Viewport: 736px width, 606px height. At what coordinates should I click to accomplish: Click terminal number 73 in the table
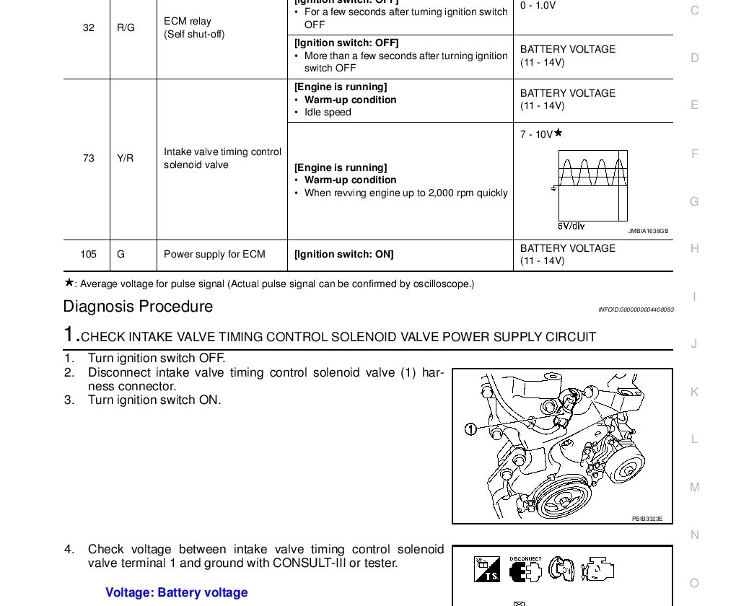click(89, 158)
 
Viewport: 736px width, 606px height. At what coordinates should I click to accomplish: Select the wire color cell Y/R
click(126, 158)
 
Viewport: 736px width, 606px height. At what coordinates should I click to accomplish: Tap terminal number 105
click(89, 254)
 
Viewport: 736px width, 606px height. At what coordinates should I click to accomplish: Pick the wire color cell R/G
click(126, 27)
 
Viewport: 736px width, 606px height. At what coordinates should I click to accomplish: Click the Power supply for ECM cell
click(214, 254)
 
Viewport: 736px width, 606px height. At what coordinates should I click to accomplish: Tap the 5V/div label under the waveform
click(571, 226)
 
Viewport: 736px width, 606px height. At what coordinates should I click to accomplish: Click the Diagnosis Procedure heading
click(138, 307)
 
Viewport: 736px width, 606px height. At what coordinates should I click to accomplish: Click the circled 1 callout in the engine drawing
click(470, 429)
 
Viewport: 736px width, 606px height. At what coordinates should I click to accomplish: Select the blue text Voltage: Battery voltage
click(177, 592)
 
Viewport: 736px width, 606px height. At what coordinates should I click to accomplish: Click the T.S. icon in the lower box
click(487, 570)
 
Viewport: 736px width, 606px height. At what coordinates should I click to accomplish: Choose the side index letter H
click(695, 248)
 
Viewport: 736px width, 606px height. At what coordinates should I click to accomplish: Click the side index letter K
click(695, 392)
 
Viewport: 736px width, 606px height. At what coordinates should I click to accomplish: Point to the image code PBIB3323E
click(647, 518)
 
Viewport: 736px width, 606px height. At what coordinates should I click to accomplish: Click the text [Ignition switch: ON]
click(343, 254)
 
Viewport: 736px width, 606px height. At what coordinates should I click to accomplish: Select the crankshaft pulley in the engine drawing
click(566, 499)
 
